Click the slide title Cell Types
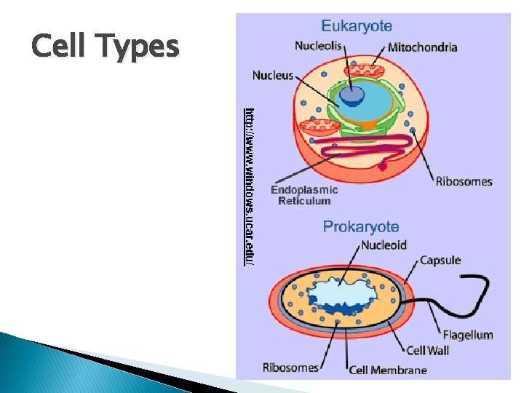(x=106, y=47)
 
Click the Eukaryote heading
(x=357, y=26)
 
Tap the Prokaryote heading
(x=361, y=226)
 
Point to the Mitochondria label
(x=423, y=47)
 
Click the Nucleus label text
(x=273, y=75)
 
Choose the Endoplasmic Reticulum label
(x=304, y=195)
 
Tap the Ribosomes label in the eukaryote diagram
(x=464, y=181)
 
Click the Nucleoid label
(x=384, y=245)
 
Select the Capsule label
(x=440, y=260)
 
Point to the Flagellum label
(x=468, y=335)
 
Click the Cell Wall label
(x=428, y=350)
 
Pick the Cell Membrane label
(x=389, y=369)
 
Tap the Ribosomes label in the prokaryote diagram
(x=290, y=368)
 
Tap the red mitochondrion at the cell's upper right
(x=369, y=72)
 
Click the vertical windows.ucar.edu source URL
(x=249, y=186)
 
